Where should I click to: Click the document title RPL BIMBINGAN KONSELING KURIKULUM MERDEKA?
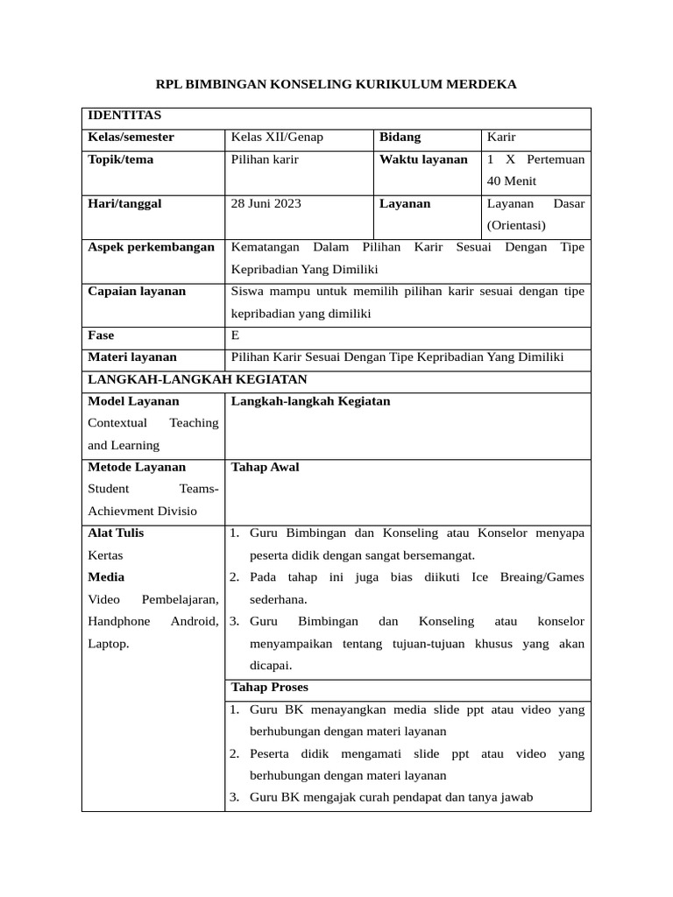tap(336, 84)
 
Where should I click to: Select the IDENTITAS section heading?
tap(124, 116)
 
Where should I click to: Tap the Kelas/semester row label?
tap(131, 138)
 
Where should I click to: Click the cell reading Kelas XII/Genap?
tap(277, 138)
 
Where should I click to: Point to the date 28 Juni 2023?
tap(266, 203)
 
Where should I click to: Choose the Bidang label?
tap(400, 138)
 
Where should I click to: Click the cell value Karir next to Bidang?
tap(501, 138)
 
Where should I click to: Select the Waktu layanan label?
tap(423, 159)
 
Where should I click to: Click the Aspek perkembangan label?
tap(151, 247)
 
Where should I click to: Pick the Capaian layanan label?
tap(137, 291)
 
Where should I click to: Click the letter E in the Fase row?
tap(235, 335)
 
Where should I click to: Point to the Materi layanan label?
tap(132, 357)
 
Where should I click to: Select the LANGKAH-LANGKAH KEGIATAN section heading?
tap(197, 379)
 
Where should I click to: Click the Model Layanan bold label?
tap(133, 401)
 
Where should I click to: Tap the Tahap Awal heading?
tap(265, 467)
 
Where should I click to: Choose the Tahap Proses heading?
tap(269, 687)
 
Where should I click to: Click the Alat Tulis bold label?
tap(116, 533)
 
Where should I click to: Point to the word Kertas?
tap(106, 555)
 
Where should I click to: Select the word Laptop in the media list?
tap(109, 644)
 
